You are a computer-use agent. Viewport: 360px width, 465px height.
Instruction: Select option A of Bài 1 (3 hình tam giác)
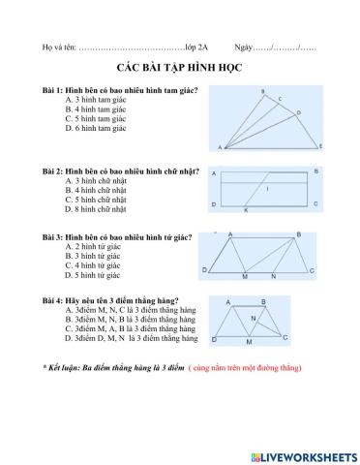95,100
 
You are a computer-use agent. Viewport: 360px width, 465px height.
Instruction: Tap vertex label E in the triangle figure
320,146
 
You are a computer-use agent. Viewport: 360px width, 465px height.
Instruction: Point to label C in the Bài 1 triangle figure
280,99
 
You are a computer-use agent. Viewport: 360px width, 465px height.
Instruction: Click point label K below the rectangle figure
245,210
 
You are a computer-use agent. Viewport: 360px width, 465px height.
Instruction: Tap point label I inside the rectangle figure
267,189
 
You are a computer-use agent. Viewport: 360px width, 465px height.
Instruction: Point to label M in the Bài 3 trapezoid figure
245,277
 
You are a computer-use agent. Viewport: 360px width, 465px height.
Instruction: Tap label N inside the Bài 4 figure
254,319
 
